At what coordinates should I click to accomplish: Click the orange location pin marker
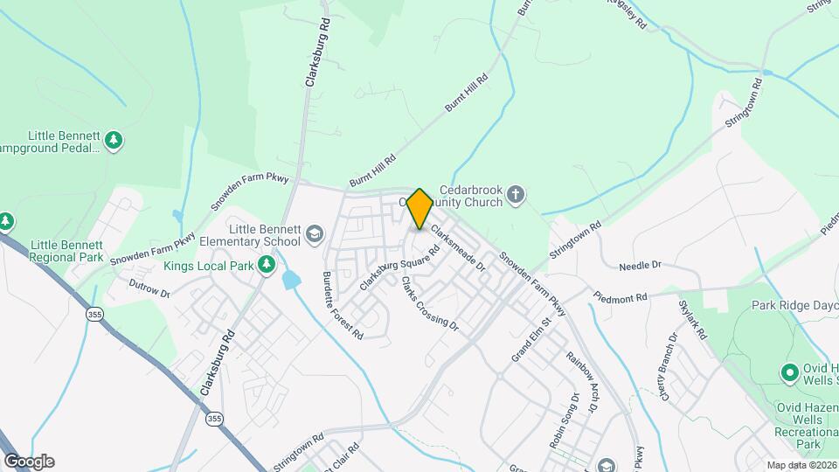pos(420,208)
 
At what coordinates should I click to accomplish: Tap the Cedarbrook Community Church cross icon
pos(517,194)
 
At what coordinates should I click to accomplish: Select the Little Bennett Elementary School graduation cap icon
pos(314,233)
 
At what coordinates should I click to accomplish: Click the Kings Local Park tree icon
pos(266,265)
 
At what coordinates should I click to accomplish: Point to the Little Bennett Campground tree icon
pos(113,140)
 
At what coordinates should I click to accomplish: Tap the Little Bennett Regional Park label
pos(66,251)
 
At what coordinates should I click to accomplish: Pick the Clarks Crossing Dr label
pos(429,304)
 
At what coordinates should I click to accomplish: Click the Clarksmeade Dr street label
pos(457,248)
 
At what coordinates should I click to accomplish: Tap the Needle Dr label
pos(641,264)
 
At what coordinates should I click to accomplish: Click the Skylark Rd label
pos(692,320)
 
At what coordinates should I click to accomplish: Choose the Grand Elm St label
pos(532,339)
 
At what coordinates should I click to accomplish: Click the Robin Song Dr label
pos(565,420)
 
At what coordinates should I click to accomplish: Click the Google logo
pos(29,462)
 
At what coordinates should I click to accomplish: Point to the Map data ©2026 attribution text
pos(801,465)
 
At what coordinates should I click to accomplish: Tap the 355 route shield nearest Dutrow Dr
pos(93,314)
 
